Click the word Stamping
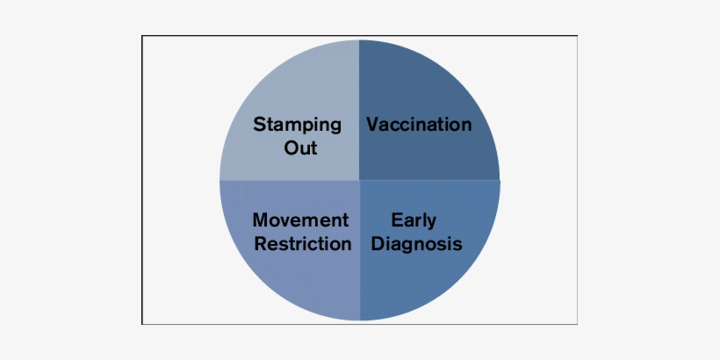(x=297, y=126)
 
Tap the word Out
(x=301, y=148)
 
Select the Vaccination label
(x=419, y=124)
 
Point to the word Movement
(x=301, y=220)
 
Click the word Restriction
(x=303, y=243)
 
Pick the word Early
(x=414, y=221)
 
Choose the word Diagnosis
(x=416, y=244)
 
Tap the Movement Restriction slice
(x=294, y=280)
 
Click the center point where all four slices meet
(x=359, y=181)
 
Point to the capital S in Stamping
(x=260, y=124)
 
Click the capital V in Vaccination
(x=374, y=125)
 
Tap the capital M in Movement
(x=262, y=220)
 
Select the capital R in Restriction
(x=262, y=244)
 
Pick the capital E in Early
(x=397, y=220)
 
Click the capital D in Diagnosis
(x=378, y=244)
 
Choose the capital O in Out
(x=292, y=148)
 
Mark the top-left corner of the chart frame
(x=142, y=36)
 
